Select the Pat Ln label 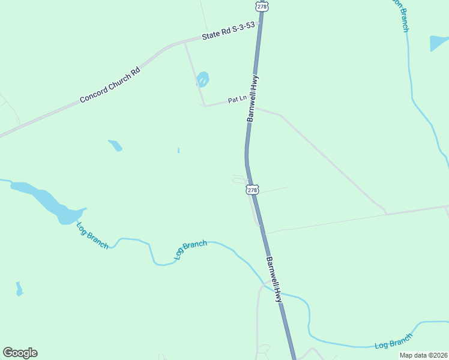[237, 100]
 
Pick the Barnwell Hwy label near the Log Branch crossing [274, 279]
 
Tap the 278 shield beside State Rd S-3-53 [262, 6]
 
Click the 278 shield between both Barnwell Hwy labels [252, 190]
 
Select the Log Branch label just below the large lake [92, 235]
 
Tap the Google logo [20, 353]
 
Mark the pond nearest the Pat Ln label [203, 79]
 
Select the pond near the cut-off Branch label [438, 43]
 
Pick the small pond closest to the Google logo [19, 289]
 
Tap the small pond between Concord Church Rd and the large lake [115, 145]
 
